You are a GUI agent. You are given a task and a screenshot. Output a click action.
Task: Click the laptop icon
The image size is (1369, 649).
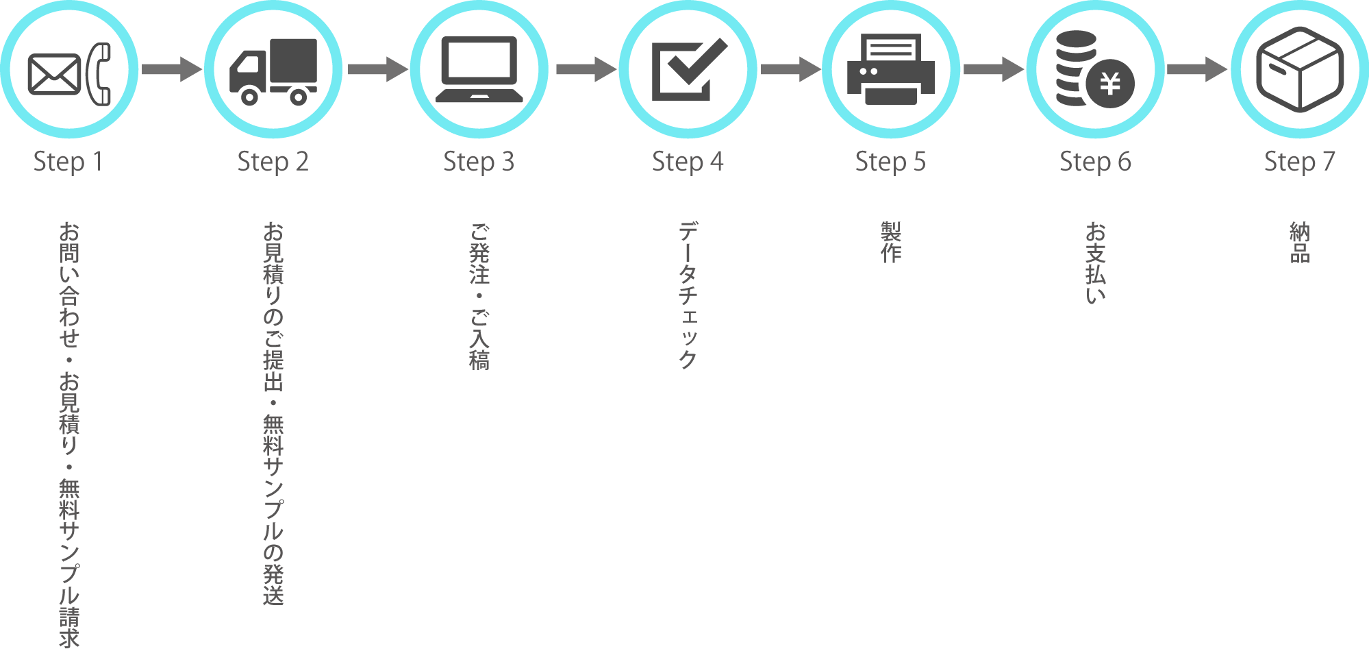pos(479,70)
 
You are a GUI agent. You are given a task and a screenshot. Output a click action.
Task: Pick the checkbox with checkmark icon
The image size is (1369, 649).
pos(688,70)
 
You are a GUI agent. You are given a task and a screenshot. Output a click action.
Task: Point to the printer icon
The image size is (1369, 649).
pos(890,70)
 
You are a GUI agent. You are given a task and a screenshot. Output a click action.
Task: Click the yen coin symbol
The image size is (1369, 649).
pos(1110,84)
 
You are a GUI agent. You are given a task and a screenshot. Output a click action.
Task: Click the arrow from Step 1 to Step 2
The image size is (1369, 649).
pos(171,69)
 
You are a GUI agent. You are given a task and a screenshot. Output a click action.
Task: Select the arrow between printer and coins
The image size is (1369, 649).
pos(993,69)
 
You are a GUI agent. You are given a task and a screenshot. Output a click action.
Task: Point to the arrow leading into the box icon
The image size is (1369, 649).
pos(1197,69)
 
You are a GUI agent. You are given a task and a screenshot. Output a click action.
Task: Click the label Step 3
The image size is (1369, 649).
pos(478,162)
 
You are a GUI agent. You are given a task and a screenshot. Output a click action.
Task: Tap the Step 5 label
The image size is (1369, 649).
pos(890,162)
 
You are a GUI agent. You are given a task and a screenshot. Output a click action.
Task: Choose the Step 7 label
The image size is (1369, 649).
pos(1299,162)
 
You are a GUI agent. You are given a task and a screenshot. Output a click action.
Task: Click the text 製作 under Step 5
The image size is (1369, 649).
pos(890,243)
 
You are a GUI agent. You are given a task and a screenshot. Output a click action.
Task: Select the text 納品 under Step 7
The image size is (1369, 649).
pos(1299,243)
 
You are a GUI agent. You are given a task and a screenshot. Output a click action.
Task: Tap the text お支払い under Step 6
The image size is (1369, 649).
pos(1095,262)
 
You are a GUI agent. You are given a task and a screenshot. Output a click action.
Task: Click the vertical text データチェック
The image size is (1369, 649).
pos(688,295)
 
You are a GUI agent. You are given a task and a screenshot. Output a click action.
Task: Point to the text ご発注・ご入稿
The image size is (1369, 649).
pos(479,296)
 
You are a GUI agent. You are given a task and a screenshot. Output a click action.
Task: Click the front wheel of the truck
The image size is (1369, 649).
pos(249,97)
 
